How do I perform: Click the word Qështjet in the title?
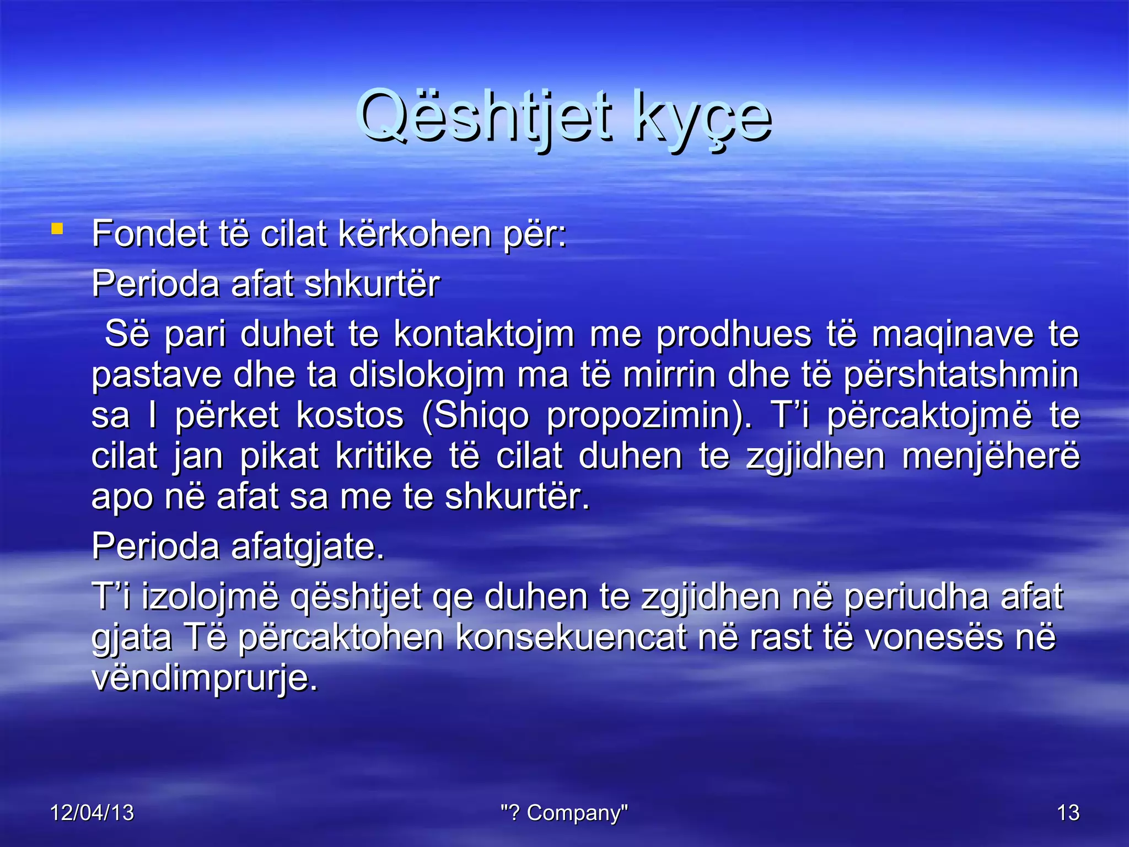point(485,117)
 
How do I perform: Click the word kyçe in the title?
point(703,119)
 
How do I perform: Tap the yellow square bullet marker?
point(57,228)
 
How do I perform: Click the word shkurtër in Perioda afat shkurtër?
point(372,285)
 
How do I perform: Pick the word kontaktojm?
point(483,334)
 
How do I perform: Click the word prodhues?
point(734,334)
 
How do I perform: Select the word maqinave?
point(952,334)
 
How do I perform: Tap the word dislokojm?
point(426,375)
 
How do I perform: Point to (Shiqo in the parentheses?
point(475,416)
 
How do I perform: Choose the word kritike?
point(384,457)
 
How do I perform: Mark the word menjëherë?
point(991,457)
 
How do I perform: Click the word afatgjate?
point(307,548)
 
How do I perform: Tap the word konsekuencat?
point(571,638)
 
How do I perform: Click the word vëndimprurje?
point(205,678)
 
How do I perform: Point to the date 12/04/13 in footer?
point(92,813)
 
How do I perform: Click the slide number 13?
point(1068,813)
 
